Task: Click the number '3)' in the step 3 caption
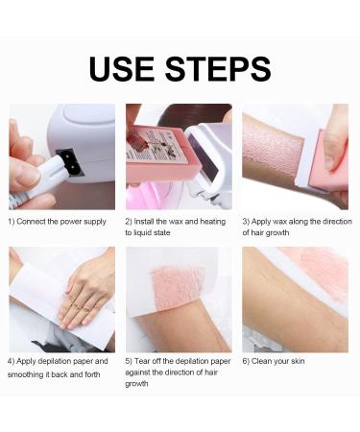[248, 222]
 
